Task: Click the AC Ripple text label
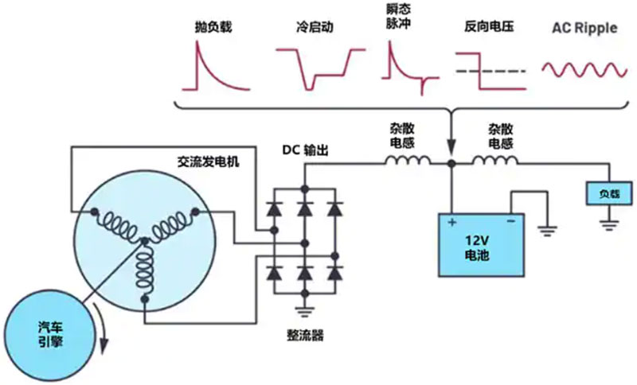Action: click(584, 28)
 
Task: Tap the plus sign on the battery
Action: click(452, 223)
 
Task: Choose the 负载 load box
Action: click(602, 193)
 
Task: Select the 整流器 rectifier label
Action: click(306, 336)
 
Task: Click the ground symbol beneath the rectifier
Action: click(303, 313)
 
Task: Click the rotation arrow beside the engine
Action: click(102, 333)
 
